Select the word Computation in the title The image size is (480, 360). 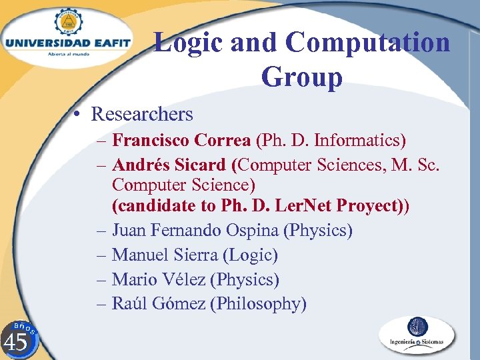[368, 43]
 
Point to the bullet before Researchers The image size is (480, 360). [78, 115]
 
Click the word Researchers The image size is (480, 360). [142, 115]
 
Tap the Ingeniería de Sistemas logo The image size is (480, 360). [417, 335]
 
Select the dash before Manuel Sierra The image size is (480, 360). [101, 255]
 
